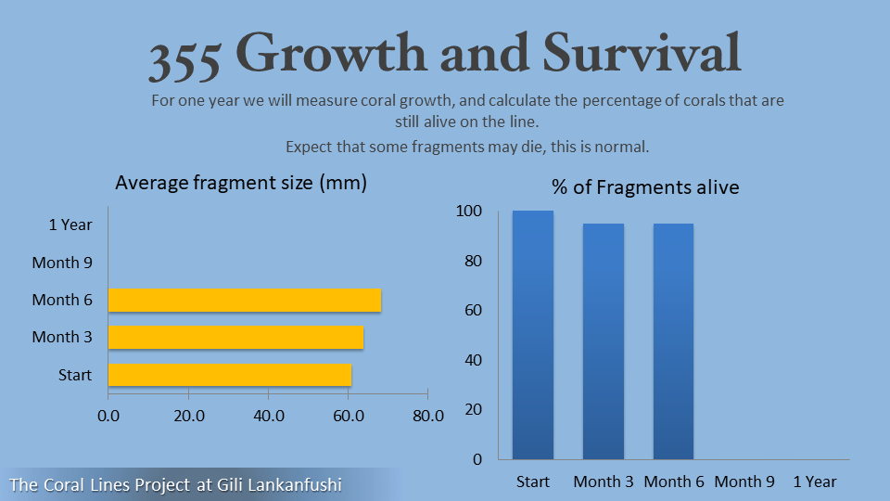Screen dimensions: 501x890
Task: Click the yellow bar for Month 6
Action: tap(245, 301)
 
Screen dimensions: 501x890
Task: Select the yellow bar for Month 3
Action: tap(235, 338)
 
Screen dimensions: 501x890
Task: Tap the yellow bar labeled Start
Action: tap(230, 375)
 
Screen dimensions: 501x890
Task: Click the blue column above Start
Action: tap(533, 335)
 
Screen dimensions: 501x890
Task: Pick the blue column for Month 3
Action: tap(604, 341)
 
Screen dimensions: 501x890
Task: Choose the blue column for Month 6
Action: tap(673, 341)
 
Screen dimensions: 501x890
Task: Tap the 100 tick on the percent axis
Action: tap(469, 212)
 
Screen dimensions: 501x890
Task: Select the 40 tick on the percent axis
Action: tap(474, 360)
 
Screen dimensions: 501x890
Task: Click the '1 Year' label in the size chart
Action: tap(70, 225)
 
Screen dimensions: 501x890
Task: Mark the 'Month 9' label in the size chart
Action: tap(62, 263)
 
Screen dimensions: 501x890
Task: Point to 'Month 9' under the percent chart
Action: tap(744, 482)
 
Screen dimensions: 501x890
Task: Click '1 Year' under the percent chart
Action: tap(815, 482)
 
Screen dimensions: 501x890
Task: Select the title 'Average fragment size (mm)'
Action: tap(241, 183)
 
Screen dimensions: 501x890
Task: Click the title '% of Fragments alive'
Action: tap(645, 187)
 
